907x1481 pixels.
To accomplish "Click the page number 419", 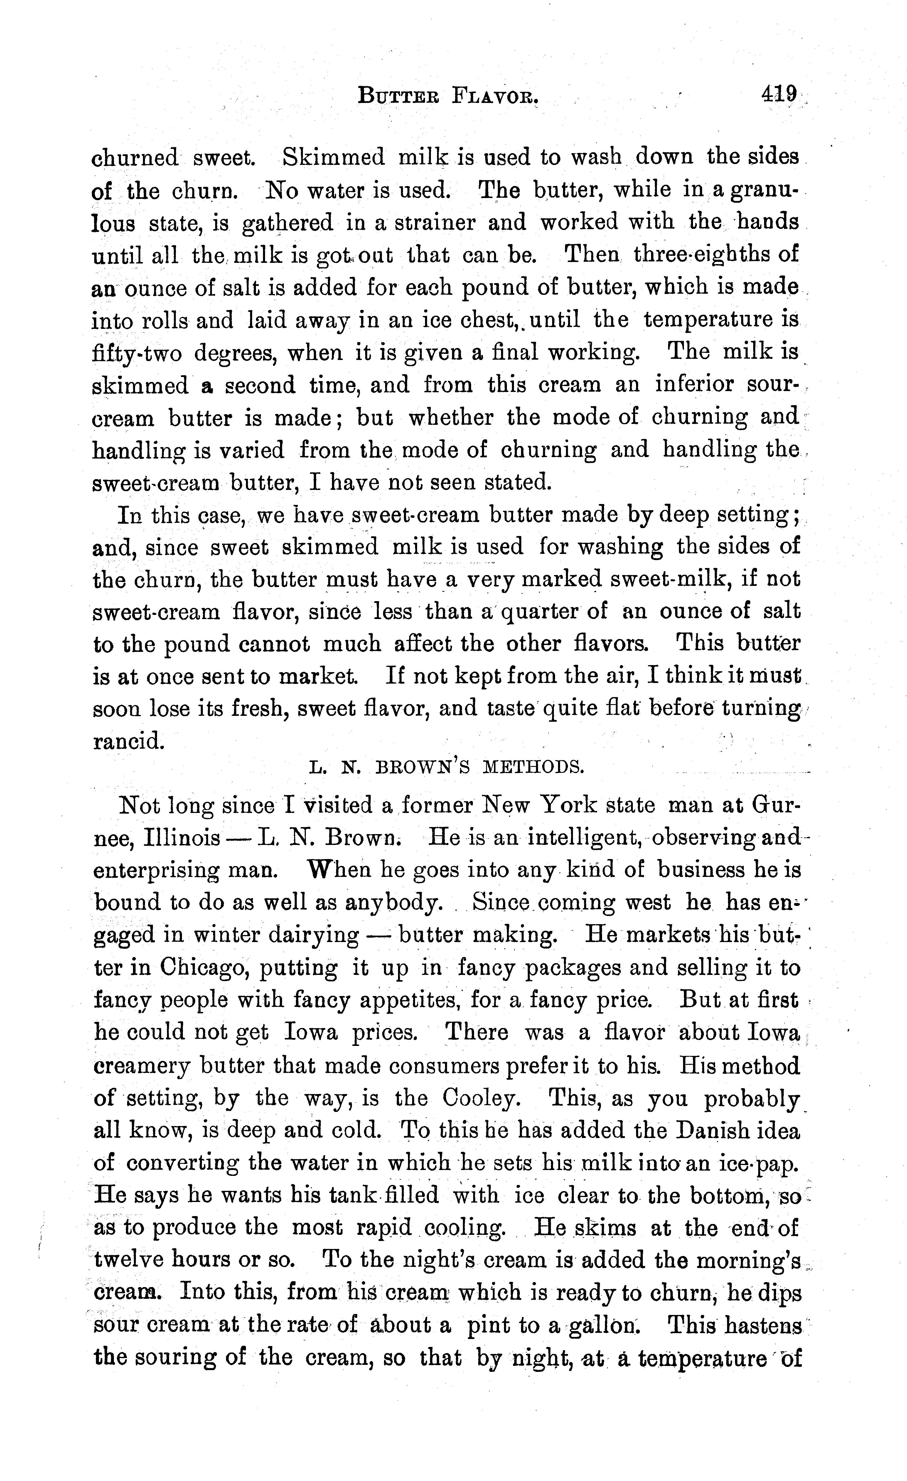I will (779, 94).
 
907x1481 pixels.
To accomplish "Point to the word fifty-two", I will (136, 353).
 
